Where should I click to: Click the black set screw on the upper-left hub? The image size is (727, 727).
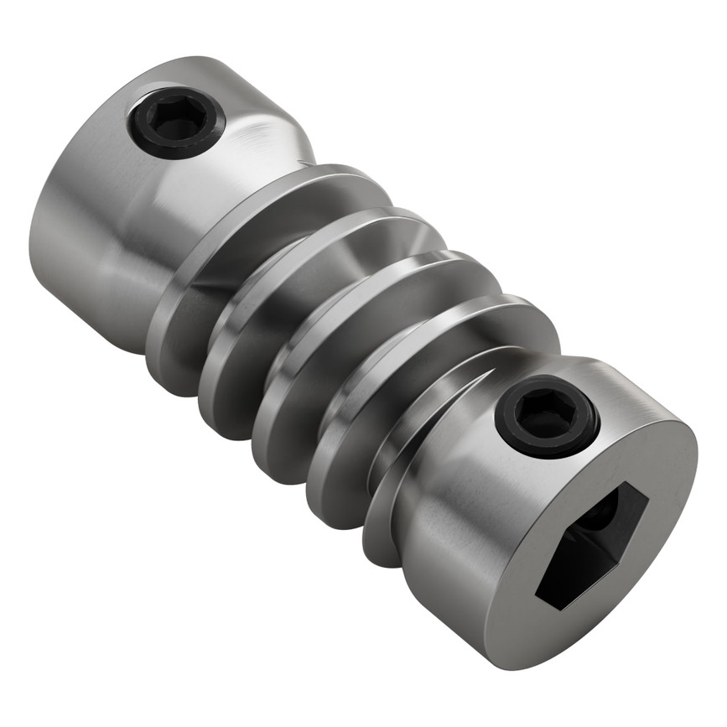tap(176, 123)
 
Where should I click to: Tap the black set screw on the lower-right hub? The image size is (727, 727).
tap(547, 416)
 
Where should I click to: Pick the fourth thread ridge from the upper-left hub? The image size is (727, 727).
tap(344, 444)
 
